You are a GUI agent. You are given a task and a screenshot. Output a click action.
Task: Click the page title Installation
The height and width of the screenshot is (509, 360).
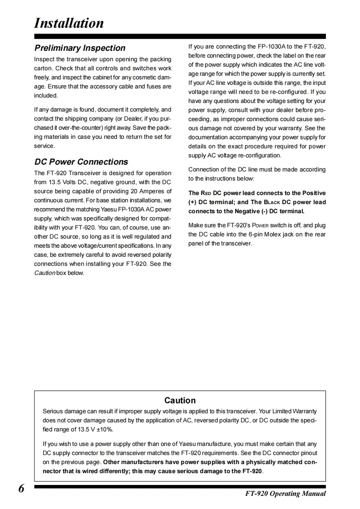click(69, 23)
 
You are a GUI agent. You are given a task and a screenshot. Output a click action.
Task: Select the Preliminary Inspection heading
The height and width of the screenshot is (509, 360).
click(80, 48)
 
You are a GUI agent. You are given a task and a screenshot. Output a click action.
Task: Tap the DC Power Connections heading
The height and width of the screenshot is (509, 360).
click(81, 162)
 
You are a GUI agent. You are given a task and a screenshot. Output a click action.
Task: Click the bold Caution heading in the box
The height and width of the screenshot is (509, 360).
click(180, 400)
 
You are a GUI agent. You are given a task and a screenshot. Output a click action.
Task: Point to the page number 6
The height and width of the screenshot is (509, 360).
click(21, 489)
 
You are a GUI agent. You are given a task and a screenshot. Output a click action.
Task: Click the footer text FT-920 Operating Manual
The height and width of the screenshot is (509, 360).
click(282, 494)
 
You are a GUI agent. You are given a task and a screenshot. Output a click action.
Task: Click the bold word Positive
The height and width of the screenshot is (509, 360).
click(314, 193)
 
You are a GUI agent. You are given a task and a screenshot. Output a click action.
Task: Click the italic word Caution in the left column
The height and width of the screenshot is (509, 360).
click(44, 273)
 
